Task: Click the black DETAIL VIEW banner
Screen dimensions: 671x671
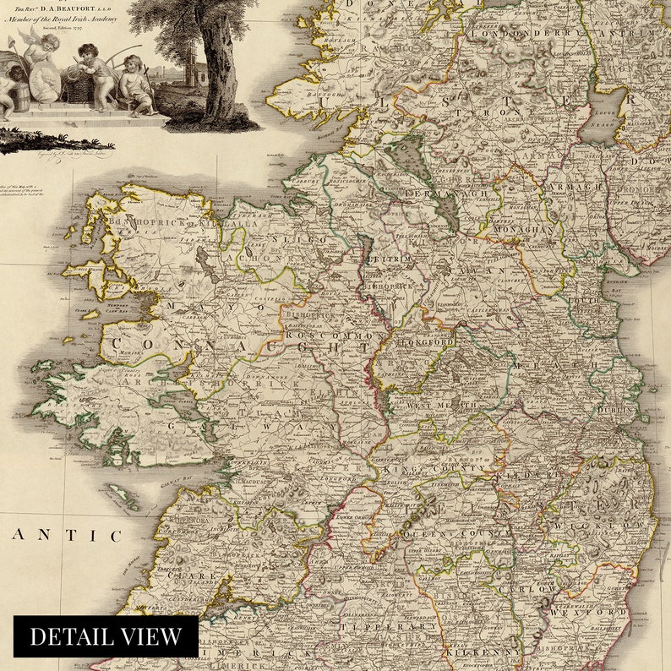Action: (x=106, y=636)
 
